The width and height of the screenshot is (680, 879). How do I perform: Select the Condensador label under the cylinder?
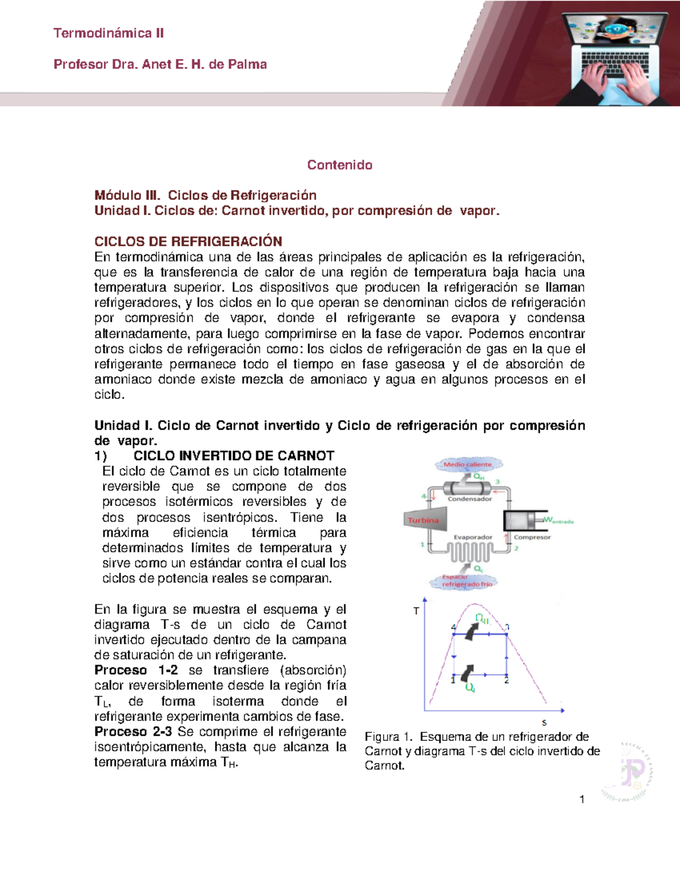470,499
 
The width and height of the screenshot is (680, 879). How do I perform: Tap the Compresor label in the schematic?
532,537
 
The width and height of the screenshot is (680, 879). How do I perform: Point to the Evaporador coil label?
473,537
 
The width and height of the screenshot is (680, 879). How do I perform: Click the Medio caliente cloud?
468,465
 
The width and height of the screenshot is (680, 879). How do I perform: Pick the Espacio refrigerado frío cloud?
466,581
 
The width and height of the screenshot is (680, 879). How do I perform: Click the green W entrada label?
558,520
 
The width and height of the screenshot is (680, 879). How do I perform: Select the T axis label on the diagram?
416,611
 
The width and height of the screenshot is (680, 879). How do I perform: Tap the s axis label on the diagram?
544,723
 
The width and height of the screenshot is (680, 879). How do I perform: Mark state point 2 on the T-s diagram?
507,680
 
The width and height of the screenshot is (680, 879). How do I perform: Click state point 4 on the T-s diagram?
453,627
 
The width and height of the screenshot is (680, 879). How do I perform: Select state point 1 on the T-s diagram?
453,679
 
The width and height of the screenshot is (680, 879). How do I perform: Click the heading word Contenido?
339,165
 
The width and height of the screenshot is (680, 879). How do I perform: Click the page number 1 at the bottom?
582,799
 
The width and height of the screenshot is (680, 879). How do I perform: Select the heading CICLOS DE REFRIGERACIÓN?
188,241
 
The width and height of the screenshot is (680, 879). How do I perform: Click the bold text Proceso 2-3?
133,731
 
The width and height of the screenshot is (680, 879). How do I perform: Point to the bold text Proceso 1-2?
136,670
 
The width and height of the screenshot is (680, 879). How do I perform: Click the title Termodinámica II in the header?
109,33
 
